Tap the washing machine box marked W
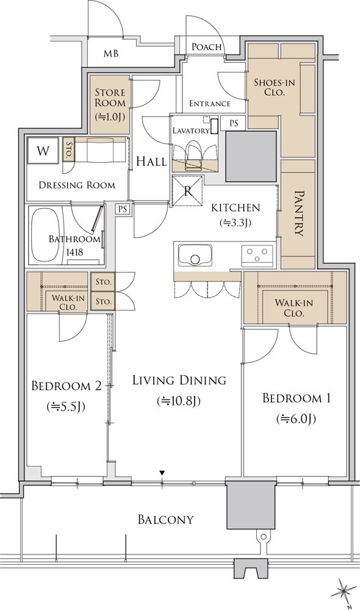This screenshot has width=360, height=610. (43, 151)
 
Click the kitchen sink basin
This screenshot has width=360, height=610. (195, 255)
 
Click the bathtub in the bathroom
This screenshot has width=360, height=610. (45, 235)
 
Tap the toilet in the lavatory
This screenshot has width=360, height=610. (193, 155)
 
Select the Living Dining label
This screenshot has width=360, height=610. (179, 380)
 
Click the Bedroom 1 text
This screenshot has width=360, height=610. (296, 398)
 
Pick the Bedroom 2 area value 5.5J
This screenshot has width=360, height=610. (66, 407)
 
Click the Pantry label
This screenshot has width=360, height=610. (298, 213)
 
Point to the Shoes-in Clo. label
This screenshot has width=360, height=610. (275, 87)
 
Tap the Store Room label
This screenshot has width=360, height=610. (110, 98)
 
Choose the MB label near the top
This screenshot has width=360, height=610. (111, 54)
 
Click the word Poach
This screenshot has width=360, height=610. (207, 47)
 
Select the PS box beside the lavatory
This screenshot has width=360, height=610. (234, 123)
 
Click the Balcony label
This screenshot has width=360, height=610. (166, 519)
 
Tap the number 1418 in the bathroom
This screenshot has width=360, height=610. (74, 252)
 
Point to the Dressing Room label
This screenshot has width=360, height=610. (77, 185)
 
